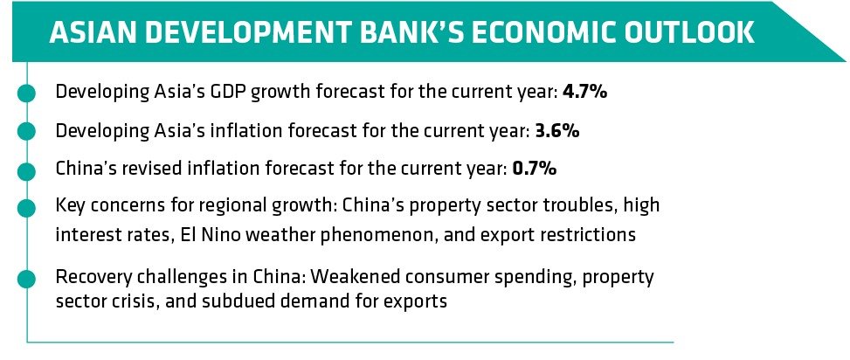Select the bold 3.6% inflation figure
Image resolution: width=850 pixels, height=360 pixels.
click(556, 131)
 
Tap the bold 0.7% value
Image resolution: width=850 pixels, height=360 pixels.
click(534, 169)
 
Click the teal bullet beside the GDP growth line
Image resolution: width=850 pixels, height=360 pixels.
click(26, 93)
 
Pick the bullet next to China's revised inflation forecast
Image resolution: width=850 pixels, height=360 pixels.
click(26, 170)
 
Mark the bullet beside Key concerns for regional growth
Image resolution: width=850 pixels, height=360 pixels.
click(26, 208)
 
